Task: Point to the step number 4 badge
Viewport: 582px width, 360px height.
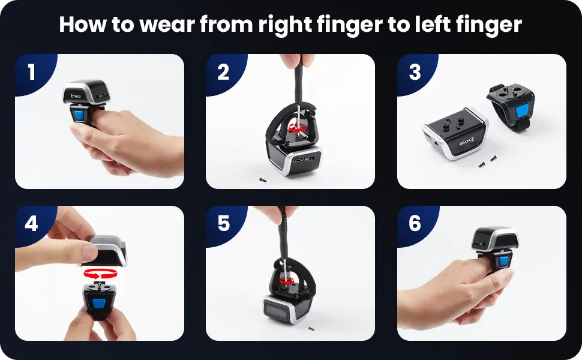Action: click(32, 223)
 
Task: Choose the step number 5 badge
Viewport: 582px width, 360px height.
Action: click(223, 223)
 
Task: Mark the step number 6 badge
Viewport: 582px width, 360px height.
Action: click(415, 223)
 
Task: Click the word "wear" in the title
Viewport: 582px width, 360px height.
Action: click(167, 25)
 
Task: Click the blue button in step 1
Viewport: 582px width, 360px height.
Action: click(79, 115)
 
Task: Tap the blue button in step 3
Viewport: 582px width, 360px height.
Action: click(522, 110)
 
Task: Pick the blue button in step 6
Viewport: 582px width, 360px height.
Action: click(504, 260)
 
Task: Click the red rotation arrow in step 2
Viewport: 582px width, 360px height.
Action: click(298, 128)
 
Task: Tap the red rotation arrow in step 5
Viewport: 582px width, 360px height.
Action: click(287, 281)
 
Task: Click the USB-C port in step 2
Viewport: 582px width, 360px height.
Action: click(298, 160)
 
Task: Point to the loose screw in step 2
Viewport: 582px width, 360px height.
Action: click(263, 180)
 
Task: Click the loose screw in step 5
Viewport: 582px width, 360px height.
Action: click(310, 328)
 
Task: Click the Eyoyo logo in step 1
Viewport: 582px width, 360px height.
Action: click(76, 96)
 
